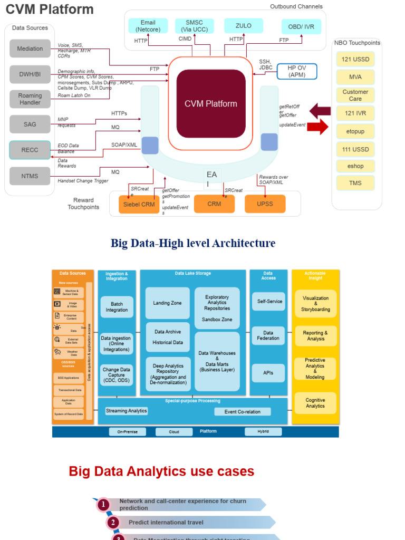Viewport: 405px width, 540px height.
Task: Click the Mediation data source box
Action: tap(30, 49)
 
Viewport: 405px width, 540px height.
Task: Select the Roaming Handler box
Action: tap(30, 99)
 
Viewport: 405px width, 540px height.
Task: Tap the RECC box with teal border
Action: tap(30, 150)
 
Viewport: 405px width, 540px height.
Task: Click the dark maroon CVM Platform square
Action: tap(211, 104)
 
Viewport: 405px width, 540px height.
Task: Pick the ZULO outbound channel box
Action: tap(243, 26)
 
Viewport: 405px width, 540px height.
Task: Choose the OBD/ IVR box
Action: tap(301, 26)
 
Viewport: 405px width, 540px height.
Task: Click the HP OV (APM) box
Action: tap(296, 71)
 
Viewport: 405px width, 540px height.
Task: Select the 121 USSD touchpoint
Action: tap(355, 59)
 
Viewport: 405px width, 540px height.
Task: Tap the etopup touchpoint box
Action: tap(355, 131)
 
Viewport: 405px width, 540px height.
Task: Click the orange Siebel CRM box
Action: tap(139, 204)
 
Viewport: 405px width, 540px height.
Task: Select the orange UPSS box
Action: tap(265, 204)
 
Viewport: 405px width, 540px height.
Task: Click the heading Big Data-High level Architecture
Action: tap(193, 243)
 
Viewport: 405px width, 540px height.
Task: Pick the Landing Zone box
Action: tap(168, 303)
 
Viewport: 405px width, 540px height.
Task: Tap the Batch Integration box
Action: tap(117, 307)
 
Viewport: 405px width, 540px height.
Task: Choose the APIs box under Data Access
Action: tap(268, 373)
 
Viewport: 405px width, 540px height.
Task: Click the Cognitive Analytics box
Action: tap(315, 403)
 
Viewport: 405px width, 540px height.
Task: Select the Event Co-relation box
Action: tap(242, 412)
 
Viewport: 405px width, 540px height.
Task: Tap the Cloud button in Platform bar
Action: tap(173, 431)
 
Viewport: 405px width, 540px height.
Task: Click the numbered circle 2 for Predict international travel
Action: tap(113, 523)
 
